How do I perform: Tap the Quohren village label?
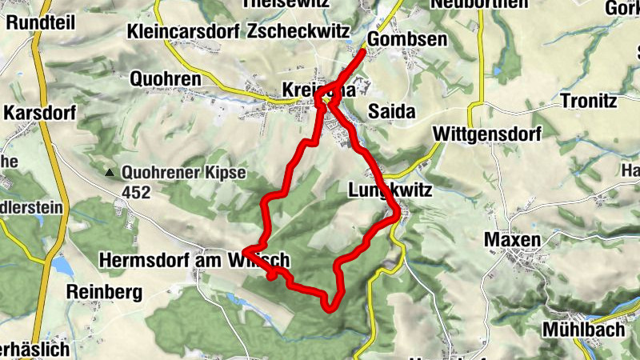166,80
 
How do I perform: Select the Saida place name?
392,112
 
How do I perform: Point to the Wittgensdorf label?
482,133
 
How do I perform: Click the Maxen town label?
512,240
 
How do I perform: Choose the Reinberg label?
105,290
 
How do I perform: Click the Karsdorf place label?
39,113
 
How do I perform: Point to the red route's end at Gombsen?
364,53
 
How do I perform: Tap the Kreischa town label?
318,90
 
